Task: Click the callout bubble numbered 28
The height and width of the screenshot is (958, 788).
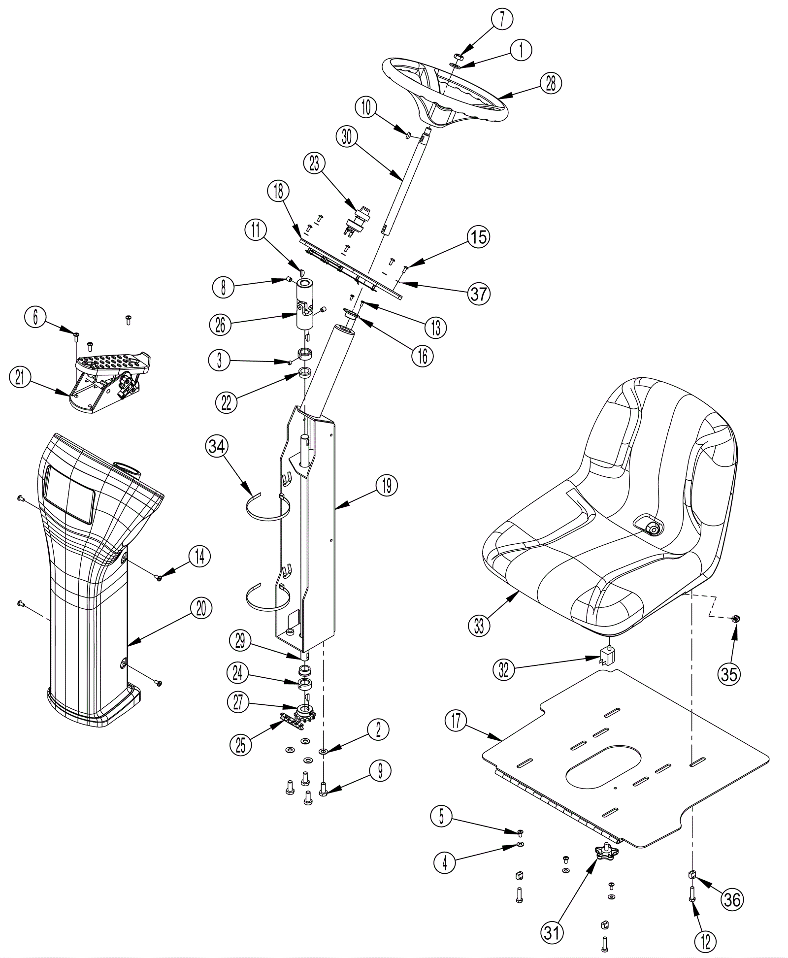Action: click(550, 83)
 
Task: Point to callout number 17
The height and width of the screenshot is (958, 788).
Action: click(456, 721)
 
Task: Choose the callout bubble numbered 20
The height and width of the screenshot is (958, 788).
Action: click(201, 609)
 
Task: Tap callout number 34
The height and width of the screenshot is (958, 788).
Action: click(217, 446)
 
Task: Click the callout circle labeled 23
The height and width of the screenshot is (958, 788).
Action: click(314, 164)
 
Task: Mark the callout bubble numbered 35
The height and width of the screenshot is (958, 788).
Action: click(729, 673)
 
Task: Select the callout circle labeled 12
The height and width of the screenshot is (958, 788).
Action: click(706, 941)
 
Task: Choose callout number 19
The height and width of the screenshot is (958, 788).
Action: click(386, 485)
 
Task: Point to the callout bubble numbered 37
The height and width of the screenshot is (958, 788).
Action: click(478, 294)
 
